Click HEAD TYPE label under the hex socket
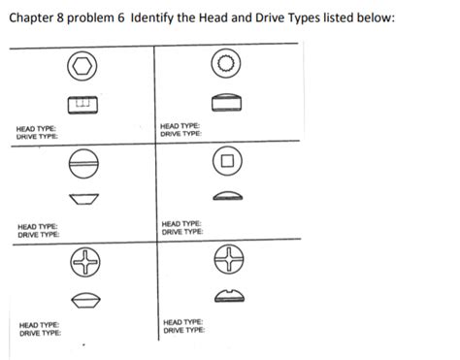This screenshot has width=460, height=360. (x=36, y=129)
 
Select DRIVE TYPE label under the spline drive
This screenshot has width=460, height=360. (x=181, y=134)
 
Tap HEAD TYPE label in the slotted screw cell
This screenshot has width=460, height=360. (x=38, y=227)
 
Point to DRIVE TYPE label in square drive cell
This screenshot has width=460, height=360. (x=182, y=232)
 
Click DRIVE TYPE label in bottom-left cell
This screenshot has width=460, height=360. (x=40, y=333)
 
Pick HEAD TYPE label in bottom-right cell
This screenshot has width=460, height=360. (x=183, y=322)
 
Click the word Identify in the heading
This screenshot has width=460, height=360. (x=152, y=17)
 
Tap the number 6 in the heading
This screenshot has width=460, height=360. (x=121, y=17)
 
